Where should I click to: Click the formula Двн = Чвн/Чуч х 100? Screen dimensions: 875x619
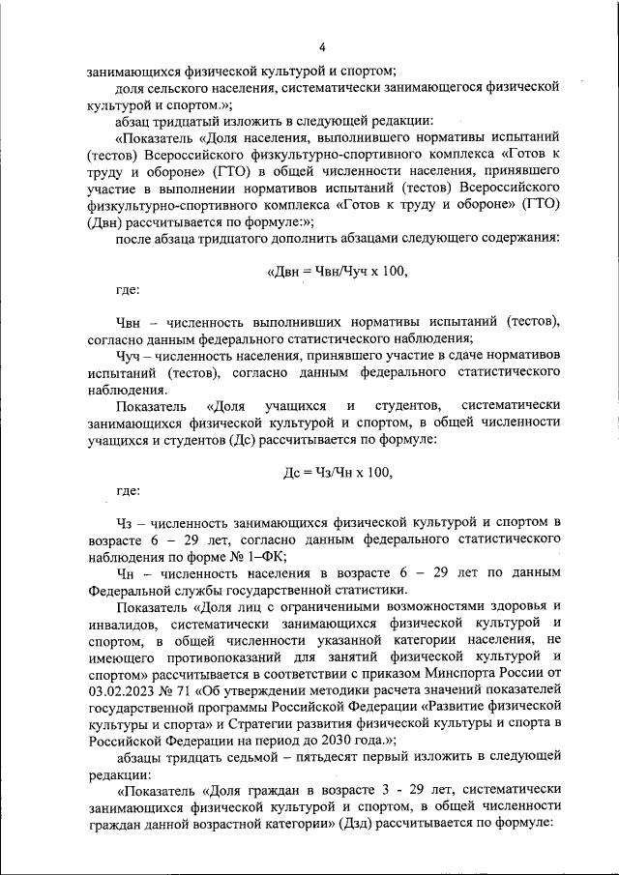(x=337, y=272)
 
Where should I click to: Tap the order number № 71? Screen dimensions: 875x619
(x=178, y=693)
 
